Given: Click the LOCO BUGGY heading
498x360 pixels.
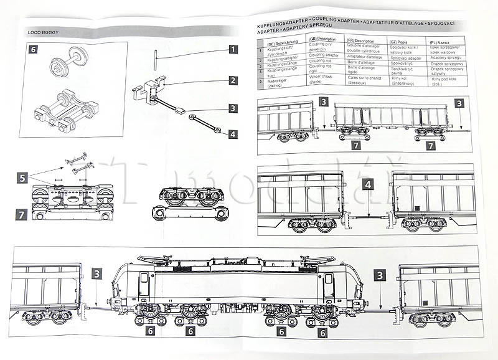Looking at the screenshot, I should (x=43, y=31).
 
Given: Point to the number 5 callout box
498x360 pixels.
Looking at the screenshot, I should (x=21, y=179).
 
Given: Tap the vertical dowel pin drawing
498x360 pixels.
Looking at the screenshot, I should (x=154, y=63).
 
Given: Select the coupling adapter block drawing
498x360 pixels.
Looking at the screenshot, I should (x=151, y=88).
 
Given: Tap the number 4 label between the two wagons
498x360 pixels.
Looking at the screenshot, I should (x=369, y=185).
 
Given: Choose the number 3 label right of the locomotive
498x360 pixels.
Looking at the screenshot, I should (x=379, y=274).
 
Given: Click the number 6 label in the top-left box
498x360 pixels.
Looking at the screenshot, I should (x=34, y=48).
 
